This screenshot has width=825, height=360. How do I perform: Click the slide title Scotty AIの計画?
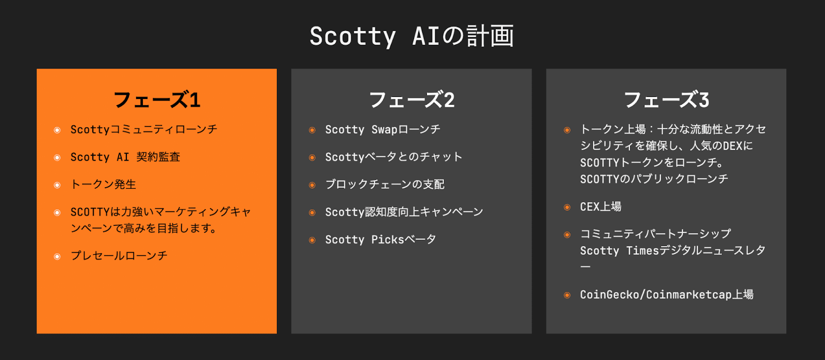411,36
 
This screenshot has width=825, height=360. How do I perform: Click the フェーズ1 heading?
157,100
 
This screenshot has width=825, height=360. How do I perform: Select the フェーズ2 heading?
412,100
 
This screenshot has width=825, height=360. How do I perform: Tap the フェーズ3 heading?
666,100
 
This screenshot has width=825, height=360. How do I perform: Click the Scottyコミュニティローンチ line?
144,129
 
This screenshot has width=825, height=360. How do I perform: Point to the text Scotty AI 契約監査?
125,157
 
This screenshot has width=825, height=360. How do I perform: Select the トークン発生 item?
103,184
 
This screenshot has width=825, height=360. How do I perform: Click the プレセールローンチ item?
119,256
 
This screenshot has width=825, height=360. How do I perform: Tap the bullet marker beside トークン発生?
57,185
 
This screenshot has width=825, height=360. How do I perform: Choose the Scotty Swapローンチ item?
383,129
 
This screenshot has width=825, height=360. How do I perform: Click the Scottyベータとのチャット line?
394,157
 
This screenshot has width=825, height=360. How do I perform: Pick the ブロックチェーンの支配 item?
385,184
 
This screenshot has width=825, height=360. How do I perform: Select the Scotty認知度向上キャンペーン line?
404,212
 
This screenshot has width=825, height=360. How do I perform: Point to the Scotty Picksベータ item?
381,239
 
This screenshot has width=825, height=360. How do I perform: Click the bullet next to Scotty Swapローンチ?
312,130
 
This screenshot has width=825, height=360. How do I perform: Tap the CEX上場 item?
601,207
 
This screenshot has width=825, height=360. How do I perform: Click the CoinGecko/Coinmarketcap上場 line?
667,295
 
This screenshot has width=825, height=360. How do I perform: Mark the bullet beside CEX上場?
567,207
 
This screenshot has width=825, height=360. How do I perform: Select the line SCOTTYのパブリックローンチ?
654,179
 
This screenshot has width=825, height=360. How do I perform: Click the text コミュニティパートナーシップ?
655,234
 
